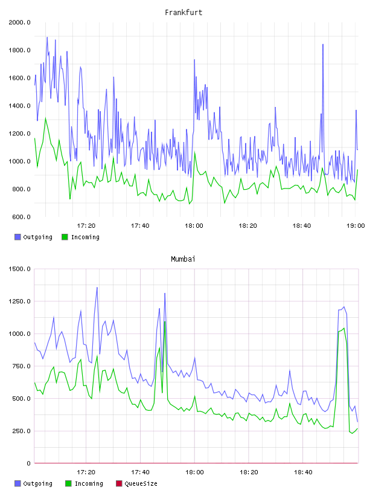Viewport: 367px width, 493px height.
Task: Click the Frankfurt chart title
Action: [183, 13]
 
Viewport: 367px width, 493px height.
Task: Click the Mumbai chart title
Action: [183, 259]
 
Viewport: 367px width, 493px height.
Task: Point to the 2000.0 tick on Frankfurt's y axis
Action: [19, 22]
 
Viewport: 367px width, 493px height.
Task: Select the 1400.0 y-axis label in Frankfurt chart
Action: [19, 106]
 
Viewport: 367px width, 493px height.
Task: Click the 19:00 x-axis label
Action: [356, 226]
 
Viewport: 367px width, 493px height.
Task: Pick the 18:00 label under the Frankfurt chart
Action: [194, 226]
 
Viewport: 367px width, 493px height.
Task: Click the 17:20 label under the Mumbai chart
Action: [86, 472]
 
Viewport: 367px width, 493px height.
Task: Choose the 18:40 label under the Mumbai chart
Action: [303, 472]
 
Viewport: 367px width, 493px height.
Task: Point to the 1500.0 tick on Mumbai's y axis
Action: [19, 269]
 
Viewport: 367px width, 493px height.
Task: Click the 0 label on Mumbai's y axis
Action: [28, 463]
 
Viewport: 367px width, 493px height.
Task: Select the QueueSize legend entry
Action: [136, 483]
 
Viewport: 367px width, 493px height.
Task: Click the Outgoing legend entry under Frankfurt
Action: [34, 237]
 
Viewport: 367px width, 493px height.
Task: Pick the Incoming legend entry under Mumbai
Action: [85, 483]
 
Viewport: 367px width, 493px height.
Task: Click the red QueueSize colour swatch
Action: [119, 483]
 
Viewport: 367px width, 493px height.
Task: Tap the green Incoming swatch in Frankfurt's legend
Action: [65, 237]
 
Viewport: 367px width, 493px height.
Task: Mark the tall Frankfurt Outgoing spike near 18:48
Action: [323, 45]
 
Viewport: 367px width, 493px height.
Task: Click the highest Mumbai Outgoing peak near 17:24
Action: [97, 288]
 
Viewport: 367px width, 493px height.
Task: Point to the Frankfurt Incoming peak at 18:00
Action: [194, 153]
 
